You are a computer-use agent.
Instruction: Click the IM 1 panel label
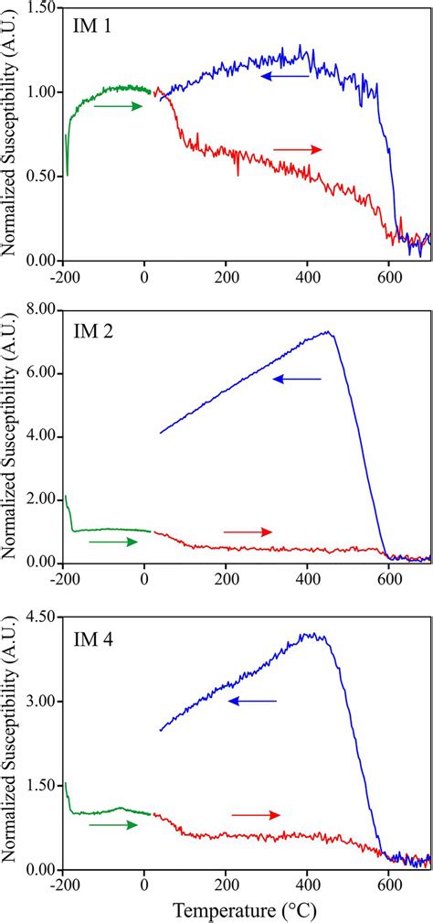pyautogui.click(x=92, y=27)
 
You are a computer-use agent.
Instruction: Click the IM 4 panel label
pyautogui.click(x=92, y=636)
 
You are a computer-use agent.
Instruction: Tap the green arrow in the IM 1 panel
pyautogui.click(x=119, y=106)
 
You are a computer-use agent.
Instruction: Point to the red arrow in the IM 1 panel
pyautogui.click(x=298, y=149)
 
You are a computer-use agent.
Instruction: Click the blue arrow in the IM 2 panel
pyautogui.click(x=298, y=379)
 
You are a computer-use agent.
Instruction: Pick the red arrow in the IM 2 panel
pyautogui.click(x=248, y=531)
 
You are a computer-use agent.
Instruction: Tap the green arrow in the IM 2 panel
pyautogui.click(x=113, y=542)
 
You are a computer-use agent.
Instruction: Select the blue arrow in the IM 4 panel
pyautogui.click(x=252, y=702)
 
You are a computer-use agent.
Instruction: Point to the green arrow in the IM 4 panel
pyautogui.click(x=113, y=825)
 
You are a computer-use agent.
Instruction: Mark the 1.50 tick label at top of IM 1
pyautogui.click(x=42, y=7)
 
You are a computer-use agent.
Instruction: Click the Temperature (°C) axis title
pyautogui.click(x=246, y=911)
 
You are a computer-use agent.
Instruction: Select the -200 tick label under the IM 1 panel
pyautogui.click(x=62, y=274)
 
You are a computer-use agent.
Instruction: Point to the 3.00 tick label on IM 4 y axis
pyautogui.click(x=42, y=701)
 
